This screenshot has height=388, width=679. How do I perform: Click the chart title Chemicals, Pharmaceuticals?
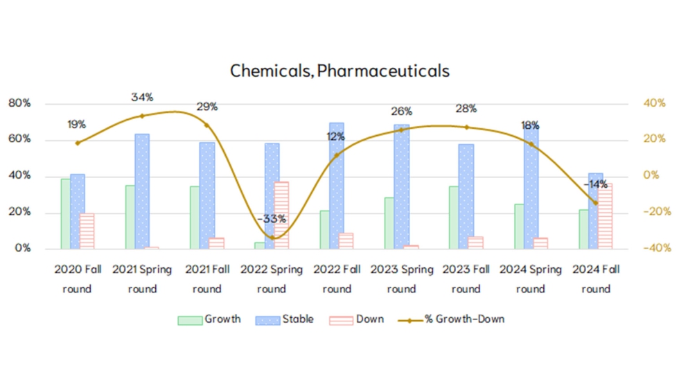click(x=339, y=71)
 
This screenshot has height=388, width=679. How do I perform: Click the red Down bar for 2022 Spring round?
click(x=281, y=215)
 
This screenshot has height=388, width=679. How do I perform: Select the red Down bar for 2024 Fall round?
click(x=605, y=215)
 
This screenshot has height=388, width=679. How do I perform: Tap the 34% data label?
click(x=142, y=98)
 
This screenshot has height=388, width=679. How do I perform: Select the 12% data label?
click(x=336, y=137)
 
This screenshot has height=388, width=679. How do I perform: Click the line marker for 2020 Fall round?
click(x=78, y=143)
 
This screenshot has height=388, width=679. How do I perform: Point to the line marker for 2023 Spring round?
click(x=401, y=130)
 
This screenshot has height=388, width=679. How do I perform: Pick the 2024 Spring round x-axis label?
click(x=531, y=279)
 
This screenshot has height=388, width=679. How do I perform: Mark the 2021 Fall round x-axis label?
click(x=206, y=279)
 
